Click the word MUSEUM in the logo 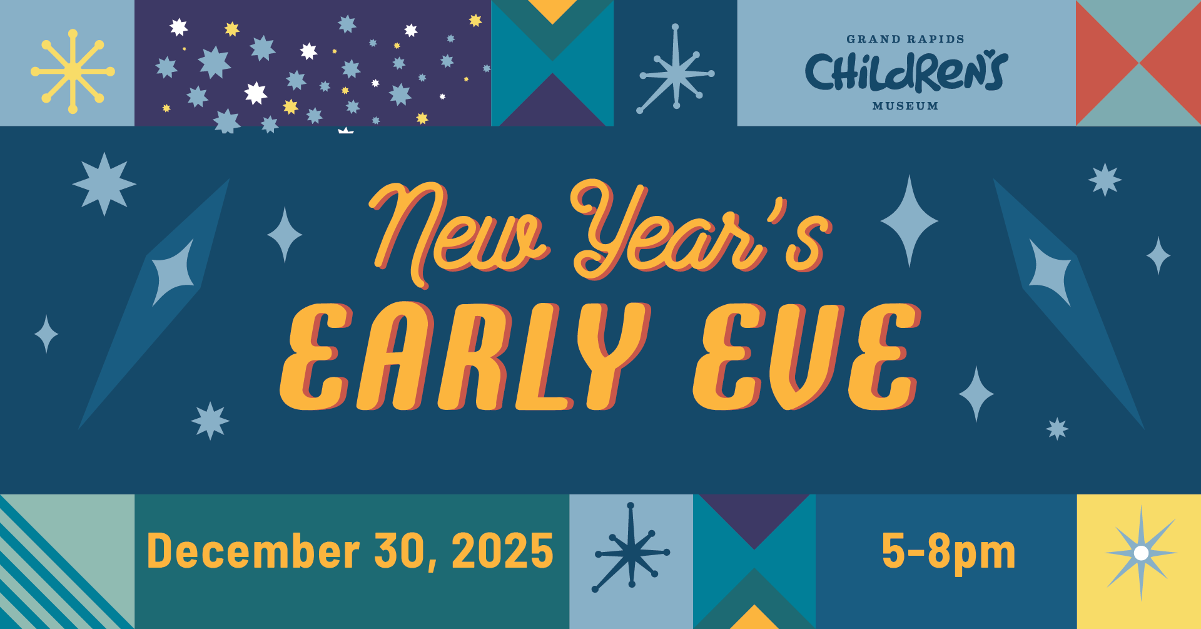905,106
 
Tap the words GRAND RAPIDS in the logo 905,39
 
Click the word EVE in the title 807,356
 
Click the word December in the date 253,551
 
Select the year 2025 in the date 502,551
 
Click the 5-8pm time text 948,551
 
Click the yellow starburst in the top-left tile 73,71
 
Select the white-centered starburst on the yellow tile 1141,553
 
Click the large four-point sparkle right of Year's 910,221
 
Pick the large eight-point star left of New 104,184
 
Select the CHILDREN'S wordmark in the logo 906,72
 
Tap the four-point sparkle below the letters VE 976,394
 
